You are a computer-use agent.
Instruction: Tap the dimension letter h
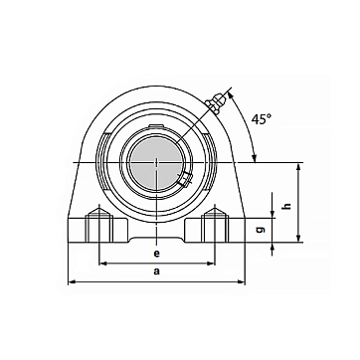coord(287,206)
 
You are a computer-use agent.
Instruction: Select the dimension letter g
coord(261,230)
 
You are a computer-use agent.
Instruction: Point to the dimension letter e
coord(157,254)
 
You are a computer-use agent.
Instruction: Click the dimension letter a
coord(157,271)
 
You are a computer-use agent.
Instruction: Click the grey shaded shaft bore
coord(157,163)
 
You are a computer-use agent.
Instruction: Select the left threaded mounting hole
coord(99,225)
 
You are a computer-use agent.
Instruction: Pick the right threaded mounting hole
coord(215,225)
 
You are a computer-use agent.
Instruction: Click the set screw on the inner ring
coord(184,179)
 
